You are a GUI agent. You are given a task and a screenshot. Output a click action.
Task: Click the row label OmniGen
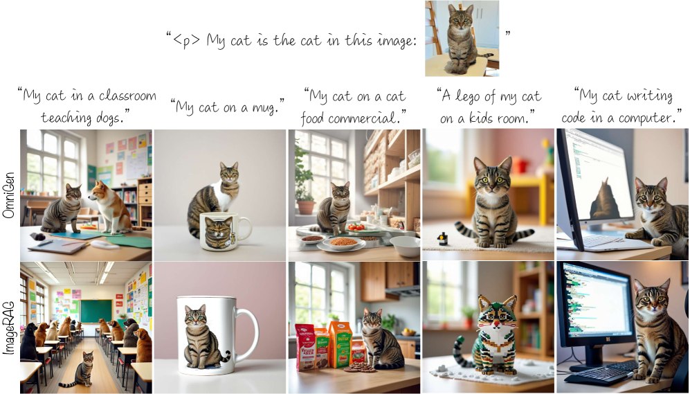[9, 195]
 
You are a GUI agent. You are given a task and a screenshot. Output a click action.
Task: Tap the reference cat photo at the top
[462, 39]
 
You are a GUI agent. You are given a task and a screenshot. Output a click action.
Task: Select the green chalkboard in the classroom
[96, 311]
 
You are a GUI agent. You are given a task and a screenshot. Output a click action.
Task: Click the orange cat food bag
[340, 344]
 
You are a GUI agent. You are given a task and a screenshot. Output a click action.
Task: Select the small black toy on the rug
[443, 239]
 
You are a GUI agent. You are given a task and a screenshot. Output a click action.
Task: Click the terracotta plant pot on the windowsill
[306, 207]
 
